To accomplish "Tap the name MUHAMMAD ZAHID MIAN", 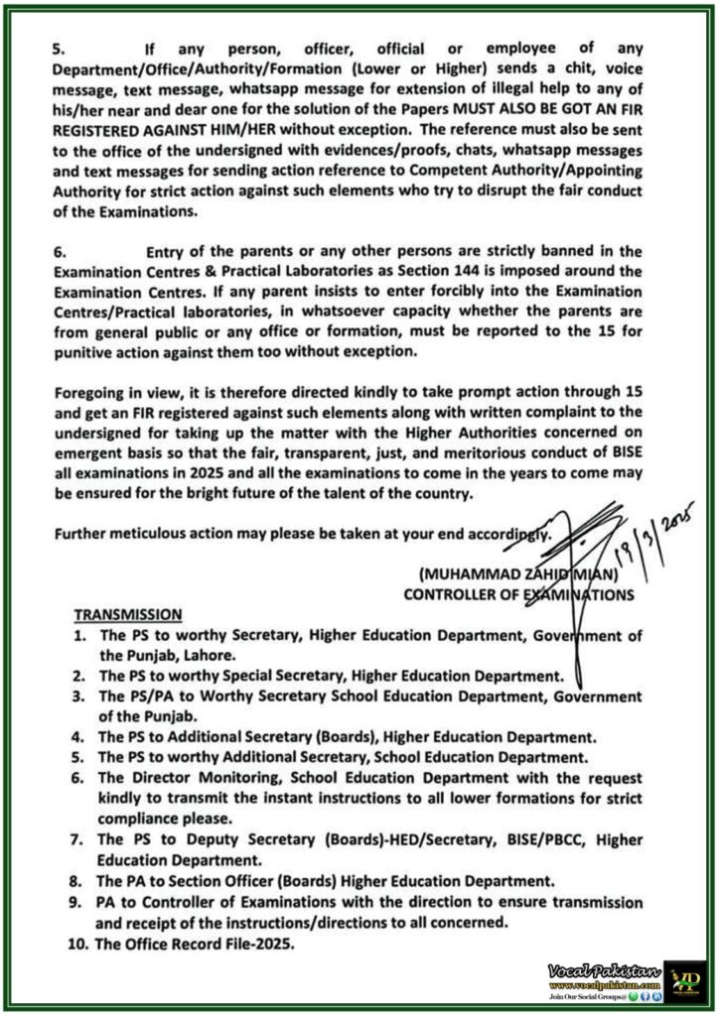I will coord(510,574).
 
